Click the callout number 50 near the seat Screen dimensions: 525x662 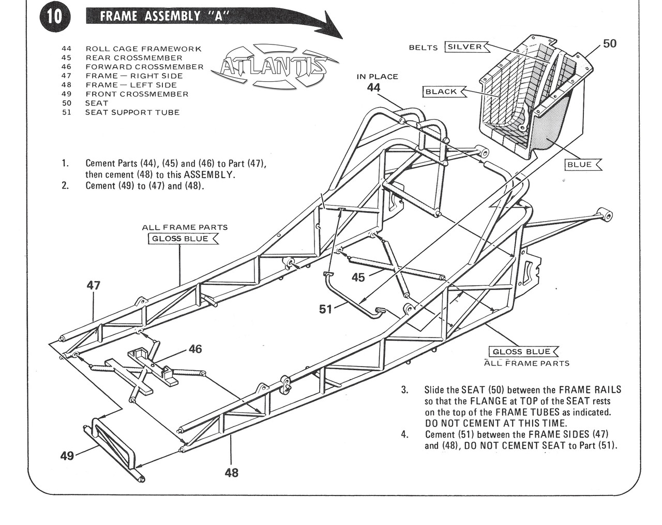610,43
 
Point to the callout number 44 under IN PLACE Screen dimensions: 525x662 373,88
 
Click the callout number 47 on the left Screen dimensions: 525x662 94,285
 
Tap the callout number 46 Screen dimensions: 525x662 195,349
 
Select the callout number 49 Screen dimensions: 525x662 67,456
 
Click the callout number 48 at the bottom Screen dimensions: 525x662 232,472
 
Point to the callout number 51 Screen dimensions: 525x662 326,309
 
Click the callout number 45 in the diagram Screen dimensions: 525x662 358,278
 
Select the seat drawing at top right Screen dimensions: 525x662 533,98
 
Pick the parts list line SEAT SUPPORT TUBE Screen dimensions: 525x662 132,112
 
